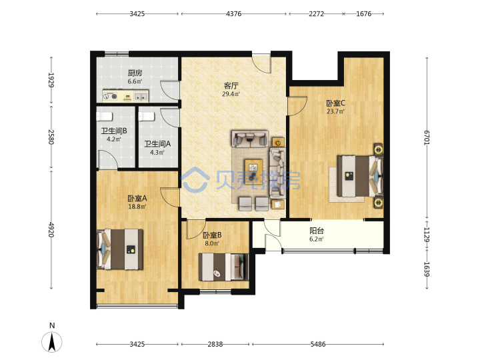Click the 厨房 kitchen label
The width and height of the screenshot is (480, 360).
pyautogui.click(x=135, y=73)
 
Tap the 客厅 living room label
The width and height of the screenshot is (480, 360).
pyautogui.click(x=231, y=85)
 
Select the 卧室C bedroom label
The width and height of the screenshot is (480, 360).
pyautogui.click(x=335, y=103)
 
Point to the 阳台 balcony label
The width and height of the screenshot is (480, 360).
pyautogui.click(x=317, y=231)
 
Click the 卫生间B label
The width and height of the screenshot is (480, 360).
pyautogui.click(x=114, y=131)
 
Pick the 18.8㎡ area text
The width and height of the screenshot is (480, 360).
pyautogui.click(x=137, y=207)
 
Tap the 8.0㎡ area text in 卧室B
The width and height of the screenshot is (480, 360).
pyautogui.click(x=212, y=244)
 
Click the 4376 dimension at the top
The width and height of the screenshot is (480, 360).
pyautogui.click(x=233, y=14)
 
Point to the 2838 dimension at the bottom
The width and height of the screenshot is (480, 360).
pyautogui.click(x=215, y=345)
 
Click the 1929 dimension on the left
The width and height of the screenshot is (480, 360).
pyautogui.click(x=51, y=80)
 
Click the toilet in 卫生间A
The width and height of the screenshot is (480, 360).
pyautogui.click(x=146, y=117)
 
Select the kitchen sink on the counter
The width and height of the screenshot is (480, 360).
pyautogui.click(x=141, y=97)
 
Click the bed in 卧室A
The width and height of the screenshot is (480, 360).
pyautogui.click(x=120, y=249)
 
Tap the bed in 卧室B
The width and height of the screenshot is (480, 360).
pyautogui.click(x=223, y=267)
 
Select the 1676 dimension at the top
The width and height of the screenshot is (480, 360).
pyautogui.click(x=364, y=14)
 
